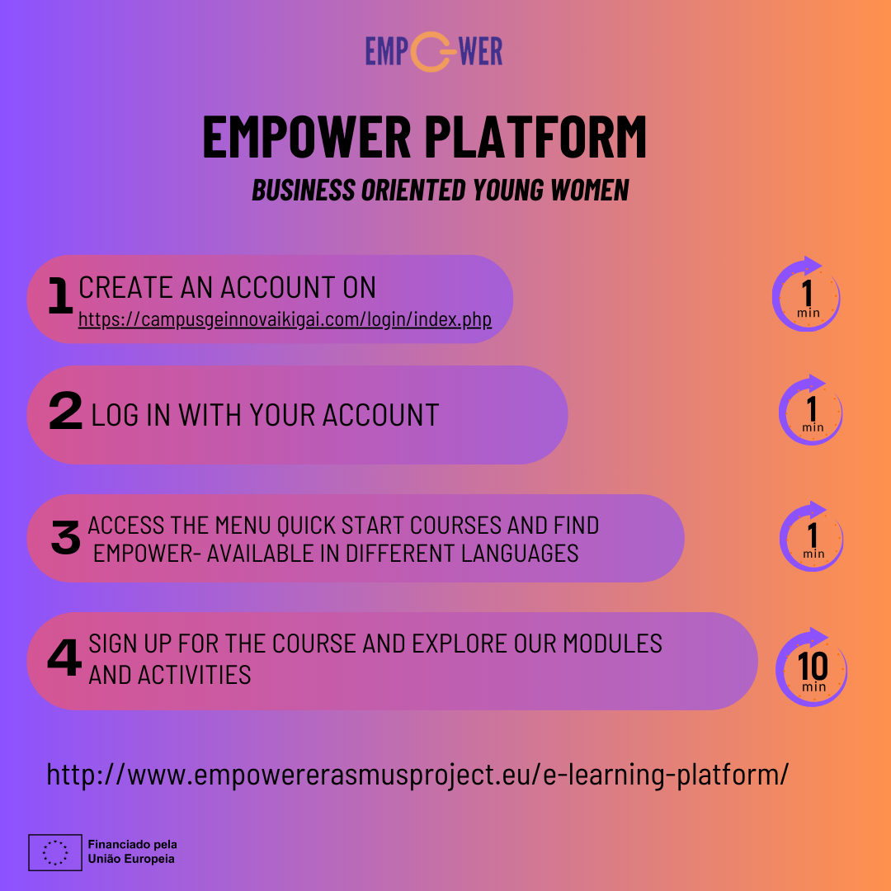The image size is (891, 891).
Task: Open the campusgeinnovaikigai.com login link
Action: tap(285, 319)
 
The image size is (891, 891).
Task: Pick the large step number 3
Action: tap(65, 538)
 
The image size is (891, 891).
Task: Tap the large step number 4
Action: tap(64, 659)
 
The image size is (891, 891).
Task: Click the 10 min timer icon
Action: tap(812, 667)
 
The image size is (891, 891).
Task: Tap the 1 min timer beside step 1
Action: tap(806, 295)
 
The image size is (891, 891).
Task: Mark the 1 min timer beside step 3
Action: tap(812, 537)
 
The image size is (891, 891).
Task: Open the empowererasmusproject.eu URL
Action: tap(417, 775)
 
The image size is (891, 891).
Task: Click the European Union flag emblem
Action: tap(55, 852)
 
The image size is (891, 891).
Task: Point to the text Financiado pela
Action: tap(132, 845)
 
